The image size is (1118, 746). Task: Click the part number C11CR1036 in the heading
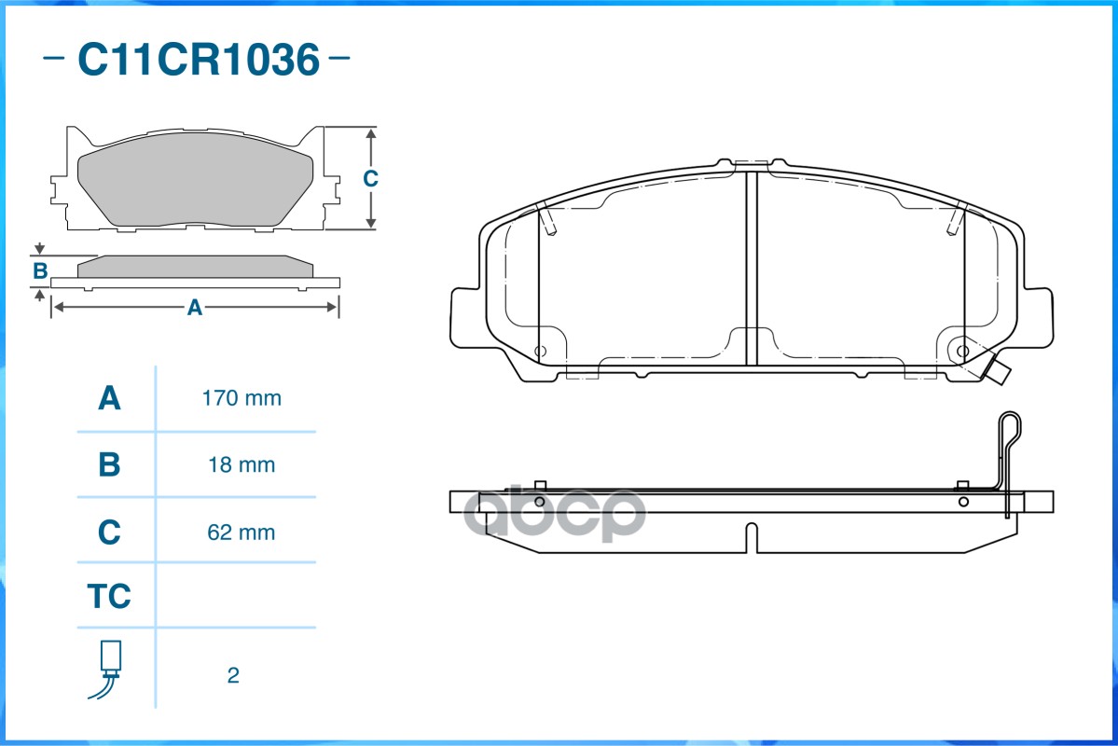199,59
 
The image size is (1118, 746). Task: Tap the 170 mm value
242,398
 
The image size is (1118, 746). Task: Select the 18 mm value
242,465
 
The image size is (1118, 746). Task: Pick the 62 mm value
242,532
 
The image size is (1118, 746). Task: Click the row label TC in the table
109,596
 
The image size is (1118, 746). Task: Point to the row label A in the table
109,398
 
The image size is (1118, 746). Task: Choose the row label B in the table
109,465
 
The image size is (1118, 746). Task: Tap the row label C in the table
109,532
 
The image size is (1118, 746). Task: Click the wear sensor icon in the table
107,669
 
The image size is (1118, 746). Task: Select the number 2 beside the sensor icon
233,675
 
